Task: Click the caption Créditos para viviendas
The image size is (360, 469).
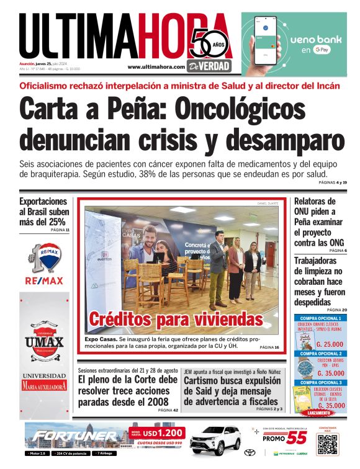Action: coord(176,319)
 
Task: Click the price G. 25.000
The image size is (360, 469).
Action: coord(330,344)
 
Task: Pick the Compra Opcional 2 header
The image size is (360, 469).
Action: coord(320,354)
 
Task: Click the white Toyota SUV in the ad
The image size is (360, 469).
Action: coord(215,441)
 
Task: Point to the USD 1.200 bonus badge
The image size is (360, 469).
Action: coord(164,433)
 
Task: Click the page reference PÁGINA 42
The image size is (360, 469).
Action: coord(168,410)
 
